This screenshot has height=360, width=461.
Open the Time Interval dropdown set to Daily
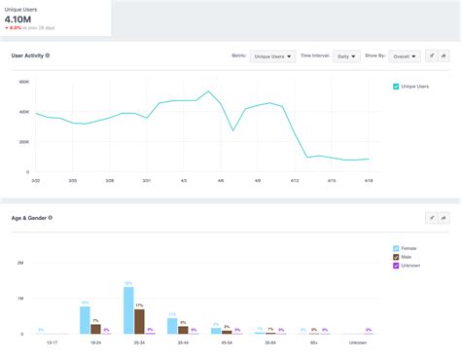tap(346, 56)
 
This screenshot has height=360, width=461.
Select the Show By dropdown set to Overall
tap(405, 56)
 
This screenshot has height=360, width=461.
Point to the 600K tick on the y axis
tap(22, 81)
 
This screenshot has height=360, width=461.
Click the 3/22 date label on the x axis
tap(36, 180)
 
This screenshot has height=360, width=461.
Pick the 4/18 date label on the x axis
tap(370, 180)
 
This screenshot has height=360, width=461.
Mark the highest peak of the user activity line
tap(208, 91)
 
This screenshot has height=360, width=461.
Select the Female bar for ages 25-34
tap(128, 310)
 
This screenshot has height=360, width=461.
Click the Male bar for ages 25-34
tap(139, 321)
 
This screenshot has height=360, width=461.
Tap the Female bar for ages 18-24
tap(85, 320)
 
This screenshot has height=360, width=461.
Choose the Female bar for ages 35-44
tap(172, 326)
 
